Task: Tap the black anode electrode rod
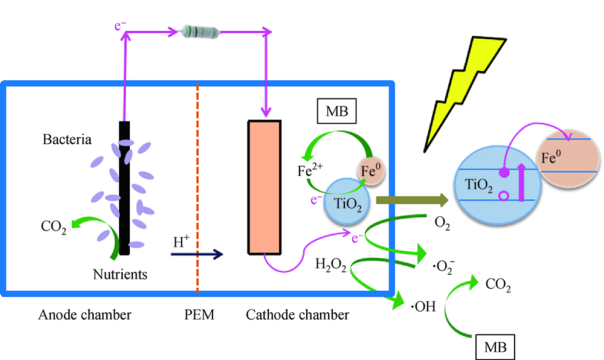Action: coord(124,188)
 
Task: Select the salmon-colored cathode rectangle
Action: coord(264,187)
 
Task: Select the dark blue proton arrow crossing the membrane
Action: coord(197,254)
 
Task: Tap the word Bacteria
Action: coord(67,140)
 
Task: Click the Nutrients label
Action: coord(120,275)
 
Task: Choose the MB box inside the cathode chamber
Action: coord(337,112)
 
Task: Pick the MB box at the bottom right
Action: coord(495,347)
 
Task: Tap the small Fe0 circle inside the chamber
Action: coord(370,173)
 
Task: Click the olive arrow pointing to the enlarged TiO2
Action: coord(411,200)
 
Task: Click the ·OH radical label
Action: coord(423,307)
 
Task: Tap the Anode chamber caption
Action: coord(85,315)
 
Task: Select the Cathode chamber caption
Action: coord(297,315)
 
